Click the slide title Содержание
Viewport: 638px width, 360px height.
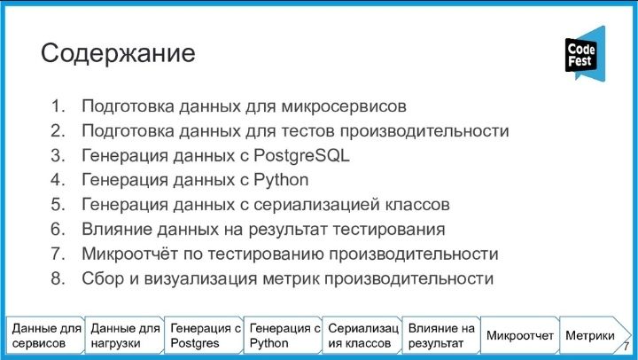(x=118, y=53)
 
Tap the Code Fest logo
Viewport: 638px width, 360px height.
(x=585, y=54)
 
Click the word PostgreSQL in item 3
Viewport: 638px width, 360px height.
(x=301, y=155)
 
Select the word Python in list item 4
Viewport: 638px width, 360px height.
(x=281, y=180)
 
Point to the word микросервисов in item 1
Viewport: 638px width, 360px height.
(x=344, y=106)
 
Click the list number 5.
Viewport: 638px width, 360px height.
(x=58, y=205)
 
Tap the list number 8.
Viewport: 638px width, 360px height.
(x=58, y=278)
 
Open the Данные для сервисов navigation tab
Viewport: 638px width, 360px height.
(x=45, y=335)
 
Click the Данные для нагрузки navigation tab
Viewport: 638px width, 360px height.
(x=124, y=335)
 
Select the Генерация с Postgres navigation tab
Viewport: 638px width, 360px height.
(x=204, y=335)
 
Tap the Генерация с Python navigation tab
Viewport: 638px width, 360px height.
(x=283, y=335)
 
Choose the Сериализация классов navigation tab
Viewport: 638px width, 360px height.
(x=362, y=335)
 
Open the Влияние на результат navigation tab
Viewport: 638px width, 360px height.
(x=441, y=335)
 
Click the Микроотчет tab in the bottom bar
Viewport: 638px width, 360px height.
(x=520, y=335)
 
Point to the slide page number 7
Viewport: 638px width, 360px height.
(x=626, y=346)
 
